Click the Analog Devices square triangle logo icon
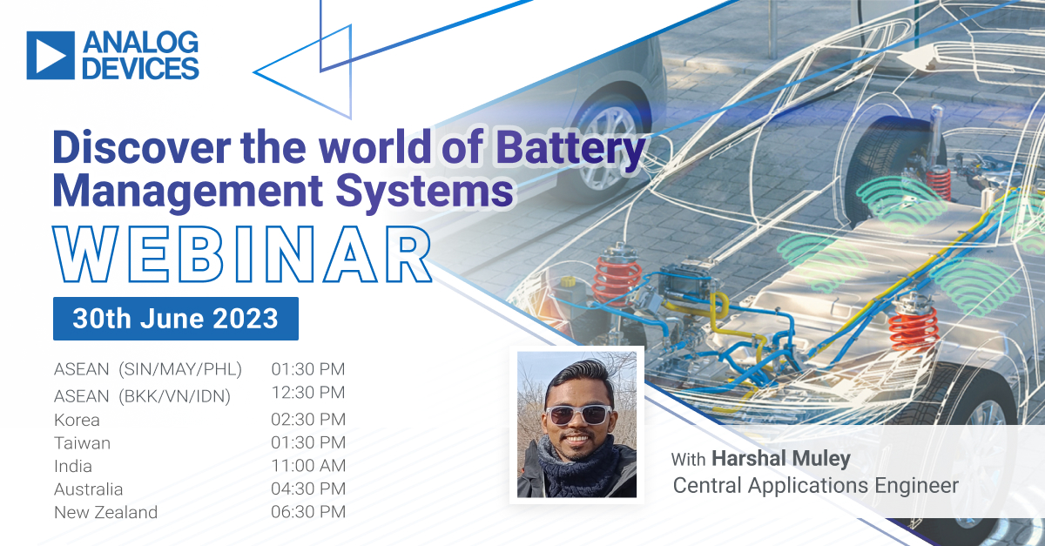51,55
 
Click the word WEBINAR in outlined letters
242,255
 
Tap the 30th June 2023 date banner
176,319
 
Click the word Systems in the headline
425,190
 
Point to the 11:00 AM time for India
308,466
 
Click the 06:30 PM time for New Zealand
308,512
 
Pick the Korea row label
77,420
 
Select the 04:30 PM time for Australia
308,489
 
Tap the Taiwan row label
82,443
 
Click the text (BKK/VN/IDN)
174,396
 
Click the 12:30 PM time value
308,393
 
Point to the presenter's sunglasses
578,415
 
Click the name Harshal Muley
781,458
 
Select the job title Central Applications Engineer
815,485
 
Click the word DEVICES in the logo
140,68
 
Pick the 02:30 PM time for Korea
308,419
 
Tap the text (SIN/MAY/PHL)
180,369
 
